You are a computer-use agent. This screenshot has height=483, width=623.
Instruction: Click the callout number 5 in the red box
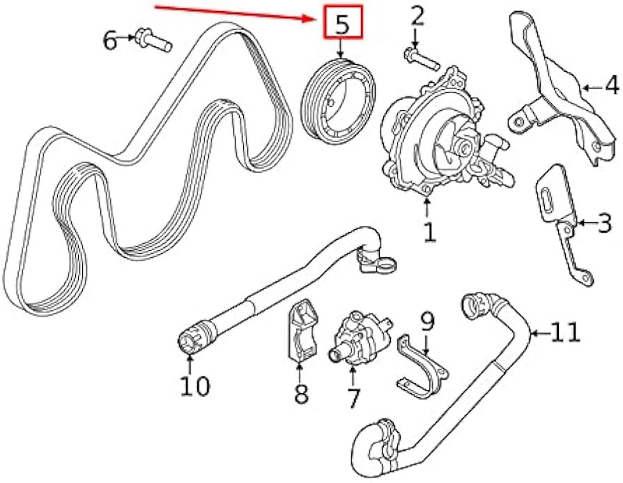341,24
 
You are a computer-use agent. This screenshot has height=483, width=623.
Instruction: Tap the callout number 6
110,41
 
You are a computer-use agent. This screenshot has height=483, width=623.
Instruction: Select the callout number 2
417,15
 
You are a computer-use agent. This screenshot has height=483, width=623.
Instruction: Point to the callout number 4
610,86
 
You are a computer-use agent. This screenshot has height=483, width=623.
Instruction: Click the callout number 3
604,224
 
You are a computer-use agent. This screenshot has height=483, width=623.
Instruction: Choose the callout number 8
301,392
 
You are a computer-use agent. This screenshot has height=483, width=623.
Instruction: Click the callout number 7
353,397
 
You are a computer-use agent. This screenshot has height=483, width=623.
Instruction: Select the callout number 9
426,321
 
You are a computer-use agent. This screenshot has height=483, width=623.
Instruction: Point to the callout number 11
565,332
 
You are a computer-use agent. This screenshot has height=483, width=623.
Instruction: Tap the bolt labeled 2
420,59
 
